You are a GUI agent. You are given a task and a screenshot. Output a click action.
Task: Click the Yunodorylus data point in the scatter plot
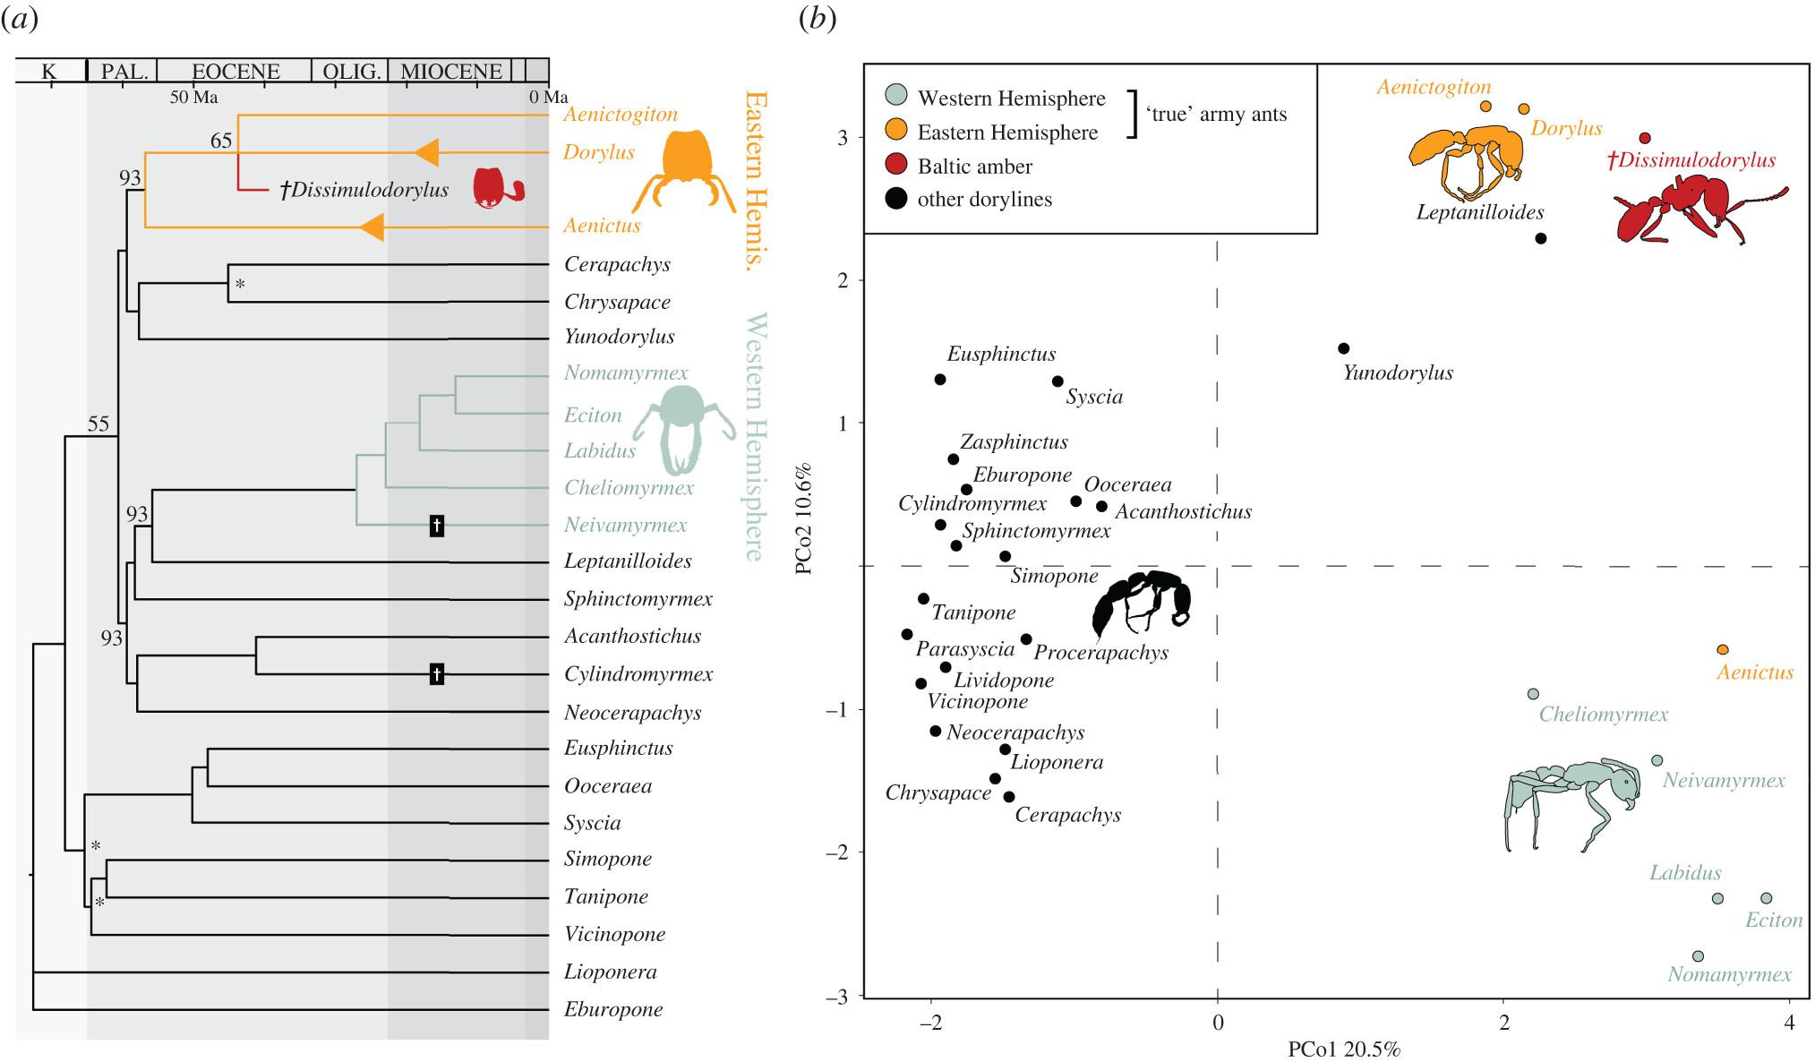point(1343,348)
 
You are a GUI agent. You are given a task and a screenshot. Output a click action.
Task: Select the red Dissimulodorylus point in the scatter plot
point(1645,138)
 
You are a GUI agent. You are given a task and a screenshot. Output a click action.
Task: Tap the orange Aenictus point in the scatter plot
point(1723,650)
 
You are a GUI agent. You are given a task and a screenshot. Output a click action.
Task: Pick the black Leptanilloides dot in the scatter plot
point(1541,238)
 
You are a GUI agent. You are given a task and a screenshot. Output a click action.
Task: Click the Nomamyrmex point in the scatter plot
point(1698,956)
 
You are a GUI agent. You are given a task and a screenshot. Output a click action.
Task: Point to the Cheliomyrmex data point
point(1533,694)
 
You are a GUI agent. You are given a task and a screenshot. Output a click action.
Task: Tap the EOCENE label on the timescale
point(235,72)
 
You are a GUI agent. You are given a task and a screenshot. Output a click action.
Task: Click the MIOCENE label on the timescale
point(450,72)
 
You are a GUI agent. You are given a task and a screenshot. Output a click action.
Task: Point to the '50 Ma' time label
point(194,97)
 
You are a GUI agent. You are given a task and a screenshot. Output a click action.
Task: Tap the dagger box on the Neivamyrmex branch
point(436,526)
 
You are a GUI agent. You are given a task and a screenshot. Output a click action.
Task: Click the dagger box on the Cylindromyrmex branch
point(436,673)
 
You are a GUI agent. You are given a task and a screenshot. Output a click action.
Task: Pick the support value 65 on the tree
point(221,141)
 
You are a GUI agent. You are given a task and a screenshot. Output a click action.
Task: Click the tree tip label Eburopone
point(613,1009)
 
